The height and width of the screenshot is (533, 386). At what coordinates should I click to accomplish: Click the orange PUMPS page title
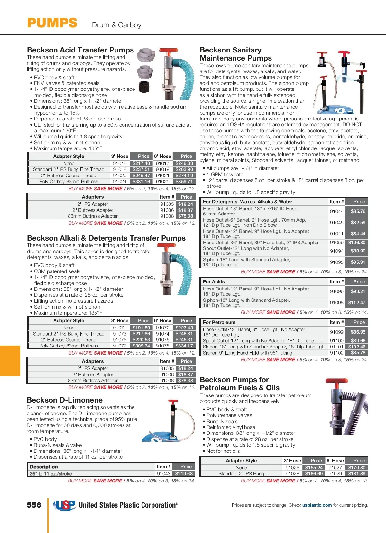(x=52, y=23)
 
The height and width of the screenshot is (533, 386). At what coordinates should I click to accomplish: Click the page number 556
(x=34, y=505)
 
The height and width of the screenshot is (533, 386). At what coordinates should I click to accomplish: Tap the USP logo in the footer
(x=64, y=505)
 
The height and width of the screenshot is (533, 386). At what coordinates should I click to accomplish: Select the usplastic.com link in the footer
(x=317, y=505)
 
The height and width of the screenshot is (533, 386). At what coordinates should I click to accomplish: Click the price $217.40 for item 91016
(x=141, y=163)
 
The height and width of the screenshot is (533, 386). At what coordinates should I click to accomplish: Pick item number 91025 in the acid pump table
(x=162, y=181)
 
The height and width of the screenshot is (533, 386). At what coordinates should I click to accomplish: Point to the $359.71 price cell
(x=184, y=181)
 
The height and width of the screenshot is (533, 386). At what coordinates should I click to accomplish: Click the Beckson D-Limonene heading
(x=65, y=400)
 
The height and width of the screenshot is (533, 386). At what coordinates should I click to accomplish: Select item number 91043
(x=163, y=473)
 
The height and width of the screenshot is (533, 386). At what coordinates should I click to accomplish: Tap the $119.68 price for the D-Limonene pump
(x=184, y=473)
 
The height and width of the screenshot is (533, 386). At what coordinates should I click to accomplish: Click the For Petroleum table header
(x=219, y=322)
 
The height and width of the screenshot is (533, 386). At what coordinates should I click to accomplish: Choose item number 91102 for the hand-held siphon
(x=336, y=353)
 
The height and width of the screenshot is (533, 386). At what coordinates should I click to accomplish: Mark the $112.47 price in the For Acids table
(x=356, y=302)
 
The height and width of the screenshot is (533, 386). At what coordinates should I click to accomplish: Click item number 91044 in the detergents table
(x=336, y=211)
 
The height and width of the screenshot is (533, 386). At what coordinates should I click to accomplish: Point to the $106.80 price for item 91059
(x=356, y=242)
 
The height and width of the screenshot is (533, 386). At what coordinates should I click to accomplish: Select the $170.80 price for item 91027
(x=356, y=468)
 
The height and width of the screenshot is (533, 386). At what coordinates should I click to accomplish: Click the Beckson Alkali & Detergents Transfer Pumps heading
(x=106, y=238)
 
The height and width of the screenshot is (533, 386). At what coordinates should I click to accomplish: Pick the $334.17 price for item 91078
(x=184, y=346)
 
